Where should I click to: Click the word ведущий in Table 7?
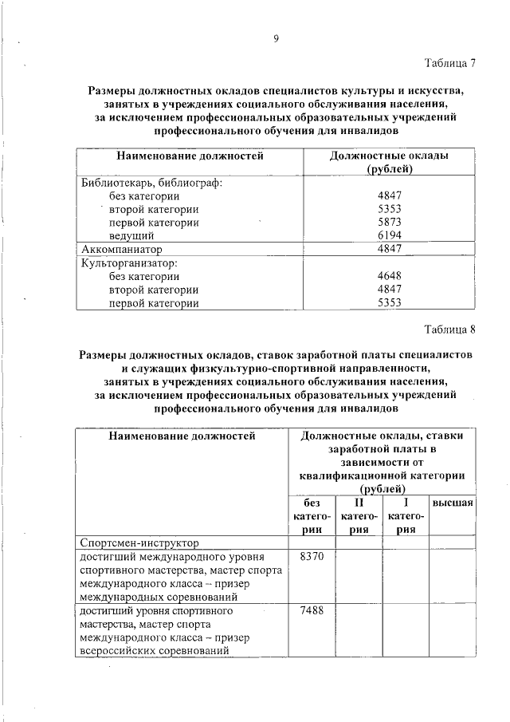pos(131,235)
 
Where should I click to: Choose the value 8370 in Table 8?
pos(311,556)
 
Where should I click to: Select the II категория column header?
pos(358,516)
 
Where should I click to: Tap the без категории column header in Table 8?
pos(312,516)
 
